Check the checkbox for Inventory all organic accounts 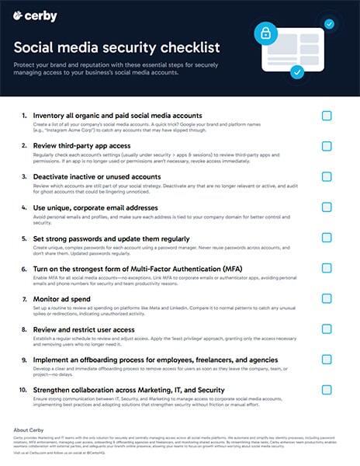coord(327,116)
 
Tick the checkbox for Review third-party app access coord(327,147)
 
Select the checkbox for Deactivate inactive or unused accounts coord(327,177)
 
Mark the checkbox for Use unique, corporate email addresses coord(327,208)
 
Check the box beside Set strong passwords coord(327,238)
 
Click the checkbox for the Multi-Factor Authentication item coord(327,270)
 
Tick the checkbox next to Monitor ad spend coord(327,300)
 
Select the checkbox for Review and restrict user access coord(327,330)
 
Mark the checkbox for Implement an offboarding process coord(327,360)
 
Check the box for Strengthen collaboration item coord(327,391)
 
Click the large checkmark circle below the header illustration coord(296,72)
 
